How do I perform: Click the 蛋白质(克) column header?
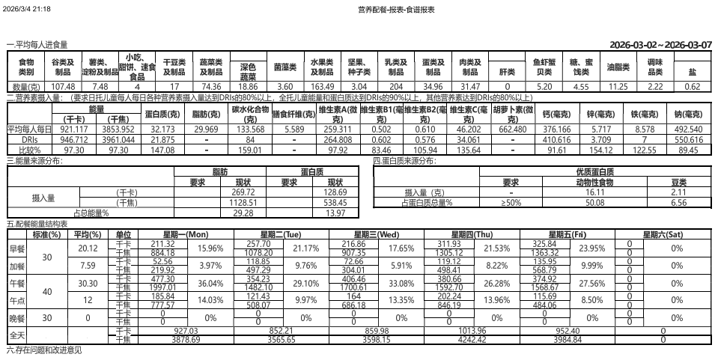coord(162,115)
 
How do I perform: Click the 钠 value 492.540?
coord(688,129)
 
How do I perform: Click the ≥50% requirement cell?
coord(511,203)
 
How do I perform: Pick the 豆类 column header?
coord(679,182)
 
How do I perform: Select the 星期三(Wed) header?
coord(377,234)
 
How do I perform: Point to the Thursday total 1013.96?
coord(471,331)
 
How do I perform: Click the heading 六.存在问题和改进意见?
coord(43,350)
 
